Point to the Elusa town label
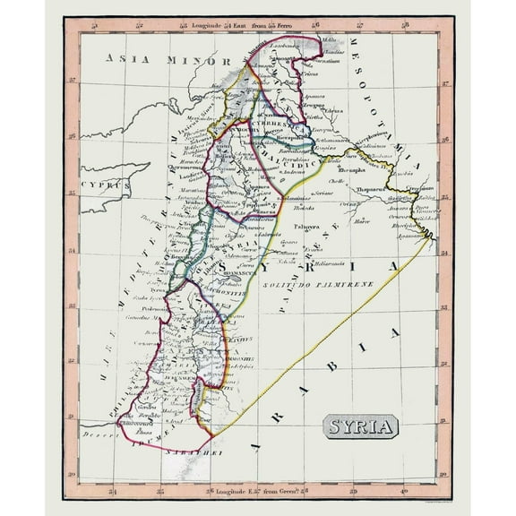point(146,433)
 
